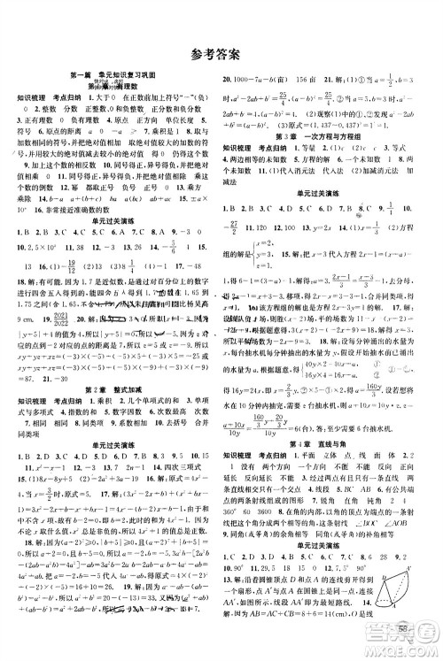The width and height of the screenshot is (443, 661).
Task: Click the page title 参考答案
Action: pos(221,55)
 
